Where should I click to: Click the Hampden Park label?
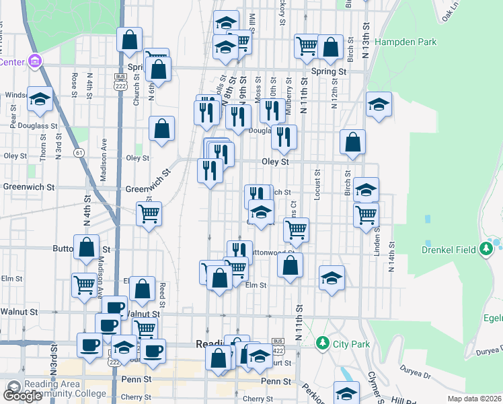point(405,42)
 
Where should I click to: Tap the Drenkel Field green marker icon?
point(486,250)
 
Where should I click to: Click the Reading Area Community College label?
point(56,389)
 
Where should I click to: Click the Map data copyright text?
point(473,399)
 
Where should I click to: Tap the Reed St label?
point(163,292)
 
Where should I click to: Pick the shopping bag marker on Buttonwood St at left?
point(87,247)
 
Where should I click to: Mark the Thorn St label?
point(43,147)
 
